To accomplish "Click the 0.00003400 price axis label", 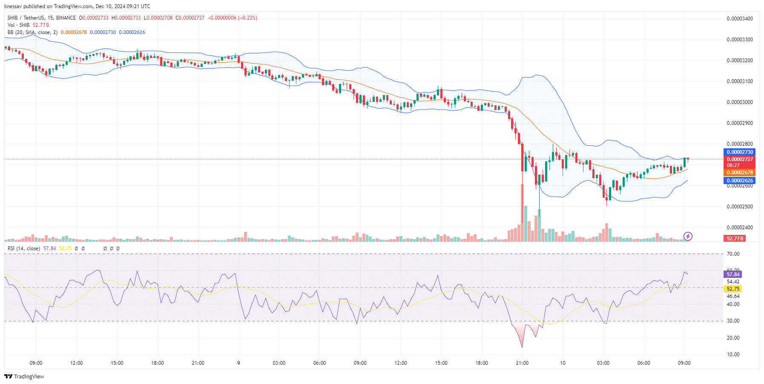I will [x=740, y=19].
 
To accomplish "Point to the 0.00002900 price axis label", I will [x=740, y=123].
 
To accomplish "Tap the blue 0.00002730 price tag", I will [x=740, y=152].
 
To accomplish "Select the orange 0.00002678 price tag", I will [x=740, y=173].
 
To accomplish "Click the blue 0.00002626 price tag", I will [x=740, y=181].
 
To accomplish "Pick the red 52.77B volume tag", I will [x=735, y=239].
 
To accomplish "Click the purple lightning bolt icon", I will [x=688, y=236].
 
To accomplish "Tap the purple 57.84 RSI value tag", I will [x=733, y=274].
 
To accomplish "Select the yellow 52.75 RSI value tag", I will [x=733, y=289].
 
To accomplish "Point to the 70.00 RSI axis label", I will [x=733, y=254].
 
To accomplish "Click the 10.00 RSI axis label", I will [x=733, y=355].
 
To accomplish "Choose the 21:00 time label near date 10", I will [x=522, y=363].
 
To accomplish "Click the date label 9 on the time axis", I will [x=238, y=363].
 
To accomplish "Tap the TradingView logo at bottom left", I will [x=24, y=376].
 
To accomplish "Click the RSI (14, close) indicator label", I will [x=24, y=248].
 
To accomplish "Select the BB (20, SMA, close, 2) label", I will [x=32, y=32].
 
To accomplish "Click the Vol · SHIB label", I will [x=19, y=25].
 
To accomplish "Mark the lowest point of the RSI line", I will [x=522, y=347].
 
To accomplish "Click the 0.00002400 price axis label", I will [x=740, y=228].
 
